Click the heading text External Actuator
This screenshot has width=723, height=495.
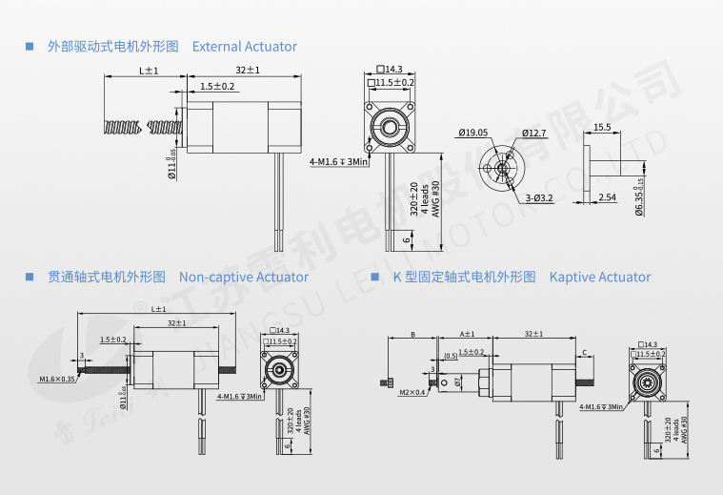(x=245, y=47)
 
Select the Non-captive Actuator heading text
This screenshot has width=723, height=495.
(x=244, y=277)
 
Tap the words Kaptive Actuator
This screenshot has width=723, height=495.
(x=600, y=277)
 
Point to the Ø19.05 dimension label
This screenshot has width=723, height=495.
(x=472, y=133)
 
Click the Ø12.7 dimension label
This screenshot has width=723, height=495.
(x=534, y=133)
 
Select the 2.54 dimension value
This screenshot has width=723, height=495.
(x=607, y=197)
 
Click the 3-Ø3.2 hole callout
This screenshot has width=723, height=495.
(x=539, y=198)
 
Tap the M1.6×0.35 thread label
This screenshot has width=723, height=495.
(x=57, y=379)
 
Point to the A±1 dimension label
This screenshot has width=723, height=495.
(x=467, y=335)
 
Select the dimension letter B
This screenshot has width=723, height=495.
(x=412, y=335)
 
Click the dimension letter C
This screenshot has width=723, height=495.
(x=584, y=352)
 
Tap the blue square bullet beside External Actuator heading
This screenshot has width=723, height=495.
(x=29, y=46)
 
